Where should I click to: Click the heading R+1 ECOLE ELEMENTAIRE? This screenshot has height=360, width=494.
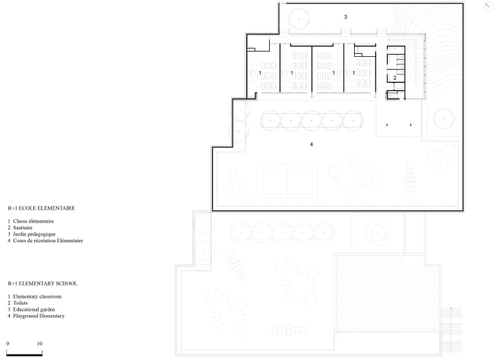point(41,208)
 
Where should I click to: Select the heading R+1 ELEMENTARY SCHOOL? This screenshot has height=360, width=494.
point(43,283)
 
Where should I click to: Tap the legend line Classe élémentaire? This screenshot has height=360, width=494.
point(33,221)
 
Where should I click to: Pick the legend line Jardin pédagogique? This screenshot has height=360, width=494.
point(34,234)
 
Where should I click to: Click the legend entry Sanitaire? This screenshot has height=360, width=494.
point(23,227)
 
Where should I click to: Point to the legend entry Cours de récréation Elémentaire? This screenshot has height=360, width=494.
point(48,240)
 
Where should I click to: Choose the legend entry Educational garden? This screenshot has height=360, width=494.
point(34,309)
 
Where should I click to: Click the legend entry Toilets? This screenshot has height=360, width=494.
point(21,303)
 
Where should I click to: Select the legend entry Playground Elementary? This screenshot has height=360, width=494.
point(39,316)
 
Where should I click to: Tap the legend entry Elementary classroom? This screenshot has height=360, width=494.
point(37,296)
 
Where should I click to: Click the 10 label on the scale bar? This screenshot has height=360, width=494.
point(40,343)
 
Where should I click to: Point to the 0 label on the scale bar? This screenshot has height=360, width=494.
point(8,343)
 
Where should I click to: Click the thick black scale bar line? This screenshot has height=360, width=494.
point(24,355)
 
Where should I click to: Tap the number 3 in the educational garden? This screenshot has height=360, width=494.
point(346,17)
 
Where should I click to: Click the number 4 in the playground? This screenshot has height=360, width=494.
point(312,144)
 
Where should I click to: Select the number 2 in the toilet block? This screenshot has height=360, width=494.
point(394,77)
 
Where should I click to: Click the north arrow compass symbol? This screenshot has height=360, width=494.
point(489,7)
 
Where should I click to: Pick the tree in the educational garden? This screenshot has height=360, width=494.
point(299,18)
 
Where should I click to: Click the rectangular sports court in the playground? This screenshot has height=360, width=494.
point(287,181)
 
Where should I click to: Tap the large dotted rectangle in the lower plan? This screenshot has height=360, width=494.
point(387,293)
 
